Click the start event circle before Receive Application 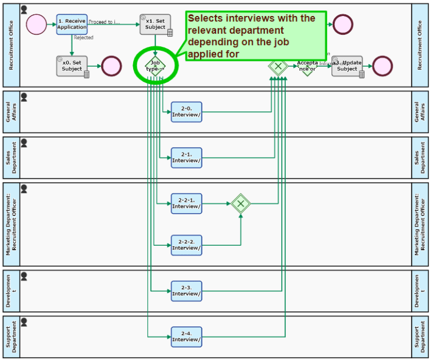[36, 24]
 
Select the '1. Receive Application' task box [72, 24]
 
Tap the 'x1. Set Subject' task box [155, 25]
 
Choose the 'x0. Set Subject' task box [72, 66]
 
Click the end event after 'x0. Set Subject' [111, 66]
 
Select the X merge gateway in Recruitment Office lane [278, 66]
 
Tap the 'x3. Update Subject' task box [347, 66]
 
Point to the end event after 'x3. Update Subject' [382, 66]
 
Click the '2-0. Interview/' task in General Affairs [186, 112]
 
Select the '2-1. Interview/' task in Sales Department [186, 158]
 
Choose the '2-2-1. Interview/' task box [186, 203]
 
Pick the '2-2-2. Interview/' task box [186, 245]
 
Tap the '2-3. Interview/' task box [186, 291]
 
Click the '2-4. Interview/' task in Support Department [186, 337]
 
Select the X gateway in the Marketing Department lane [241, 203]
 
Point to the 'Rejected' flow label [84, 38]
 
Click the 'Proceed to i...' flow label [105, 22]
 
